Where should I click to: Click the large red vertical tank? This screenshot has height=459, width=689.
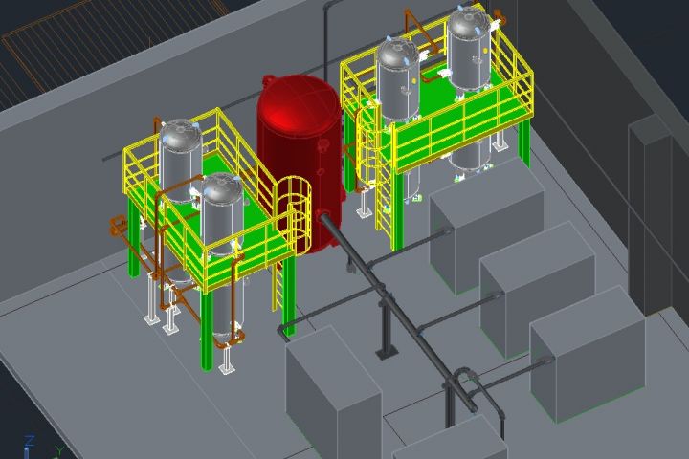tap(299, 163)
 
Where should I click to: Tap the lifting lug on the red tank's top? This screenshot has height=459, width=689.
tap(269, 80)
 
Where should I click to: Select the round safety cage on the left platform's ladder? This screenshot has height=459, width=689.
tap(292, 207)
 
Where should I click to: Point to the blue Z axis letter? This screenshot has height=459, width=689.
tap(30, 441)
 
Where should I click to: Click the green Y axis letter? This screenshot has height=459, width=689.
tap(59, 451)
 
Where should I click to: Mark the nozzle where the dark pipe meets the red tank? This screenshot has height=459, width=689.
tap(323, 216)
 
